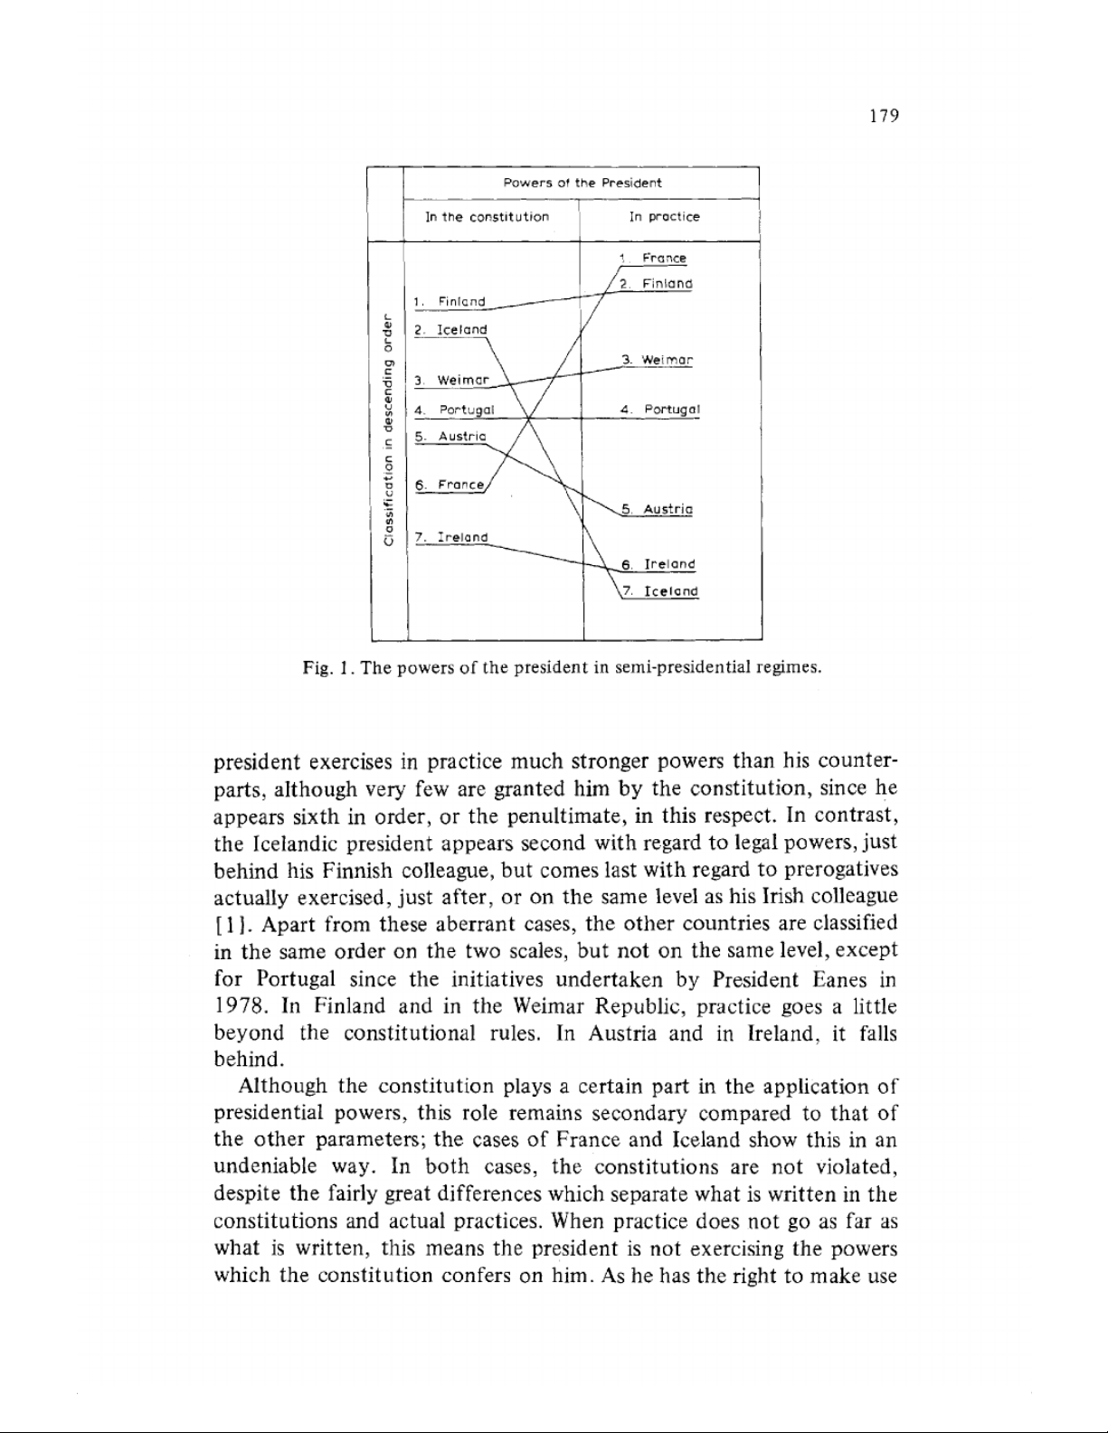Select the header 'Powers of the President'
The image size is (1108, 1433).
point(582,183)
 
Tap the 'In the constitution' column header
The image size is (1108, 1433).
point(487,217)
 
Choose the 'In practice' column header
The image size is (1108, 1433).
point(665,217)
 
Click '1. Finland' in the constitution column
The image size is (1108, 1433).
point(450,301)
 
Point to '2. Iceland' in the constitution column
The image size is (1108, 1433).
point(450,330)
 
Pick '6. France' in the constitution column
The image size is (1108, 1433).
point(450,486)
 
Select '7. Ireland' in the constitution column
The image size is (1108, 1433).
point(450,537)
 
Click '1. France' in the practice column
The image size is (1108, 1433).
point(655,259)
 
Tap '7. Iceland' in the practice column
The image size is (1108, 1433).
point(661,592)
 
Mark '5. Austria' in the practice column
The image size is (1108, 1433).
point(658,510)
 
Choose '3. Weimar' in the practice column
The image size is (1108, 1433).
point(658,360)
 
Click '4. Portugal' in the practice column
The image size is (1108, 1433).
point(661,410)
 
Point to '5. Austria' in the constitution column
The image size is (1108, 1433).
point(450,437)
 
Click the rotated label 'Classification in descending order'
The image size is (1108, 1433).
point(388,429)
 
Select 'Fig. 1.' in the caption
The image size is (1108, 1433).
point(326,669)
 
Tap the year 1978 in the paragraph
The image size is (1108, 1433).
point(240,1005)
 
